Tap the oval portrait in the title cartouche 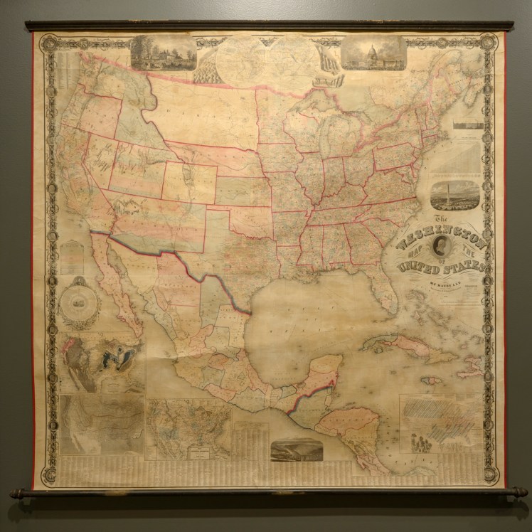tap(442, 250)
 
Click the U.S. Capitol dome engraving tap(374, 53)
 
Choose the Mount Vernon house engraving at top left tap(164, 53)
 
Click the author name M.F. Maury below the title tap(445, 283)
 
